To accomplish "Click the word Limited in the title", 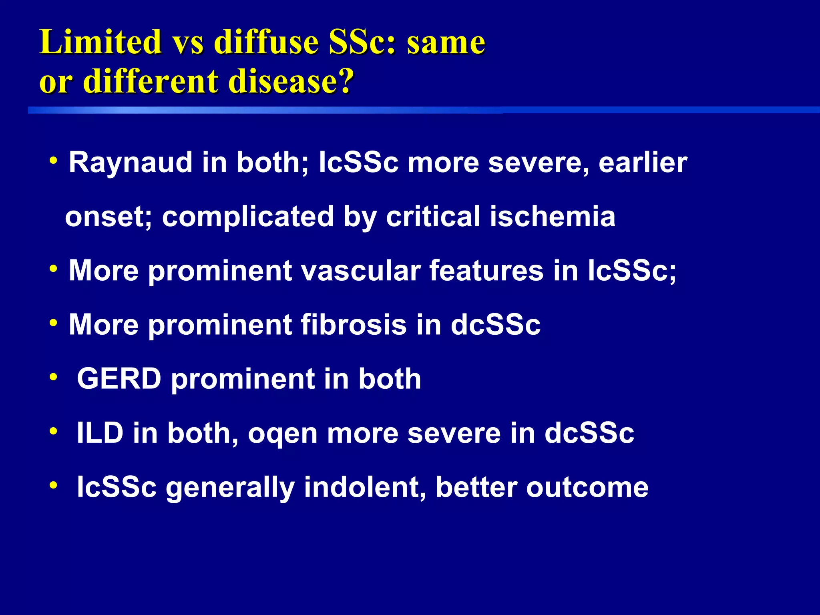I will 100,42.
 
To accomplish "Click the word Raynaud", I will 131,163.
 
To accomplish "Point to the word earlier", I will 643,163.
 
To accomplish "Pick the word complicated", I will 248,217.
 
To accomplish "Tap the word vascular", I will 360,271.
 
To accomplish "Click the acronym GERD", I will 119,379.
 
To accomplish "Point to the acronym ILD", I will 100,433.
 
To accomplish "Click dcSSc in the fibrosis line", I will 495,325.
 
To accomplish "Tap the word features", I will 486,271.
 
